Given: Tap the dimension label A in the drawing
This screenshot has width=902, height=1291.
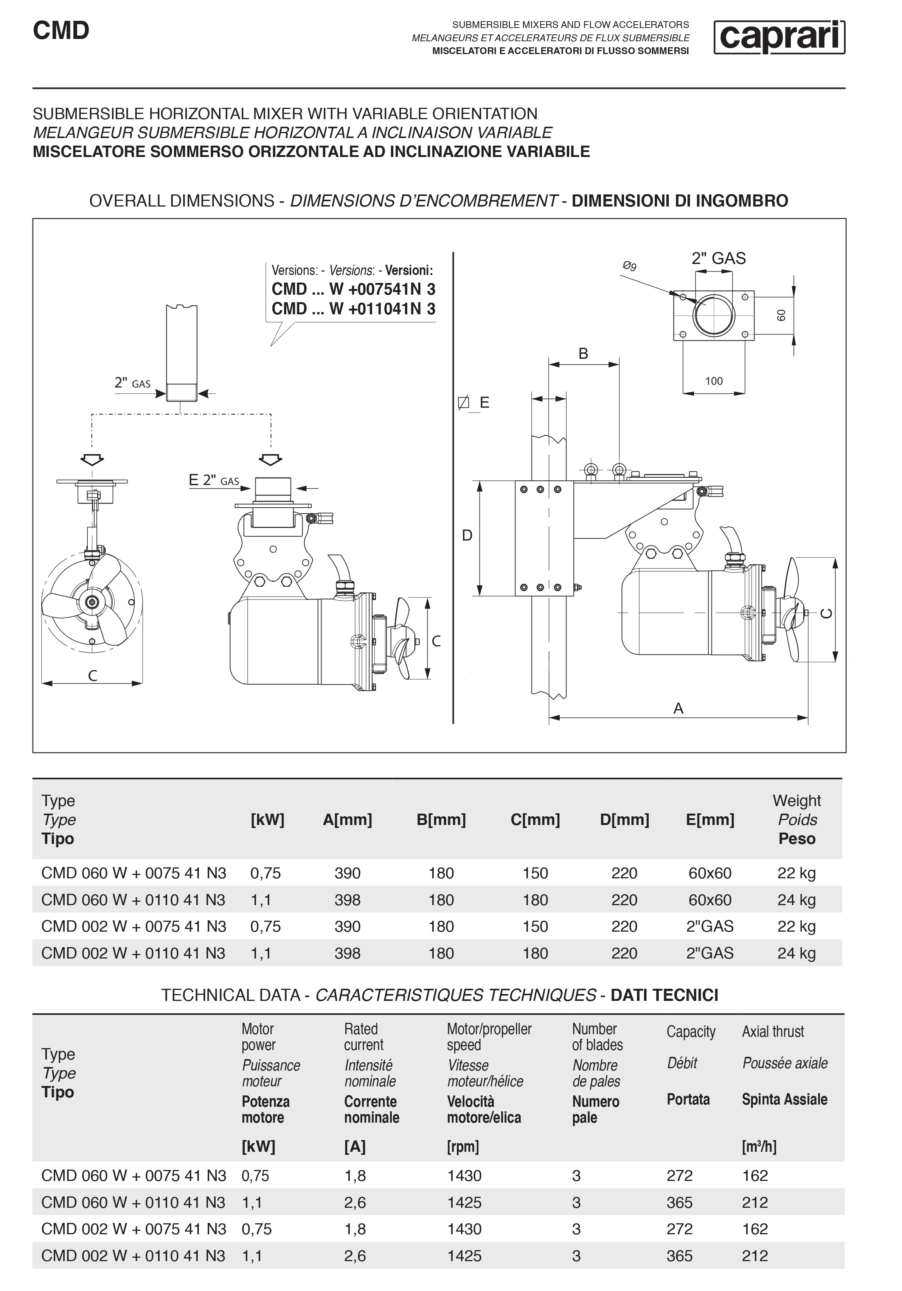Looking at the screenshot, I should coord(678,708).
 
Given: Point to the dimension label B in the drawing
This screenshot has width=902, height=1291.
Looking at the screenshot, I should coord(583,354).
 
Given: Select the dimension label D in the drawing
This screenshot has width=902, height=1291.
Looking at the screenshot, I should coord(467,535).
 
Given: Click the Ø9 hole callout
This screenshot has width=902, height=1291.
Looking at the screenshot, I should coord(629,266).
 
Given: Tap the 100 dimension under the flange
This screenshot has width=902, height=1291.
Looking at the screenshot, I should coord(714,381).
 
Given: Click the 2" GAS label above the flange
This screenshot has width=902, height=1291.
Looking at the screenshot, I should coord(718,259).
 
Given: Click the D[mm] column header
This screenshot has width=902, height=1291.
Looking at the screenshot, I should coord(624,820).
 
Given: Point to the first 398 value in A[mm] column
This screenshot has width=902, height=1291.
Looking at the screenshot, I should coord(348,900).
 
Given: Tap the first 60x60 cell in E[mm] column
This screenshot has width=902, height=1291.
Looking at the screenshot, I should coord(709,873).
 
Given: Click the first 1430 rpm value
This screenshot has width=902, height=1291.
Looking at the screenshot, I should coord(464,1176).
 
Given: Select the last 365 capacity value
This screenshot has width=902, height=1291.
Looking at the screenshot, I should coord(679,1256).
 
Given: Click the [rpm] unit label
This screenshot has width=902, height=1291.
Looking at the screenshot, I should coord(463,1147).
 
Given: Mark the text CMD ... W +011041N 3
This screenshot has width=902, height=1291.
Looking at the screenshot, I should coord(353,309).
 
